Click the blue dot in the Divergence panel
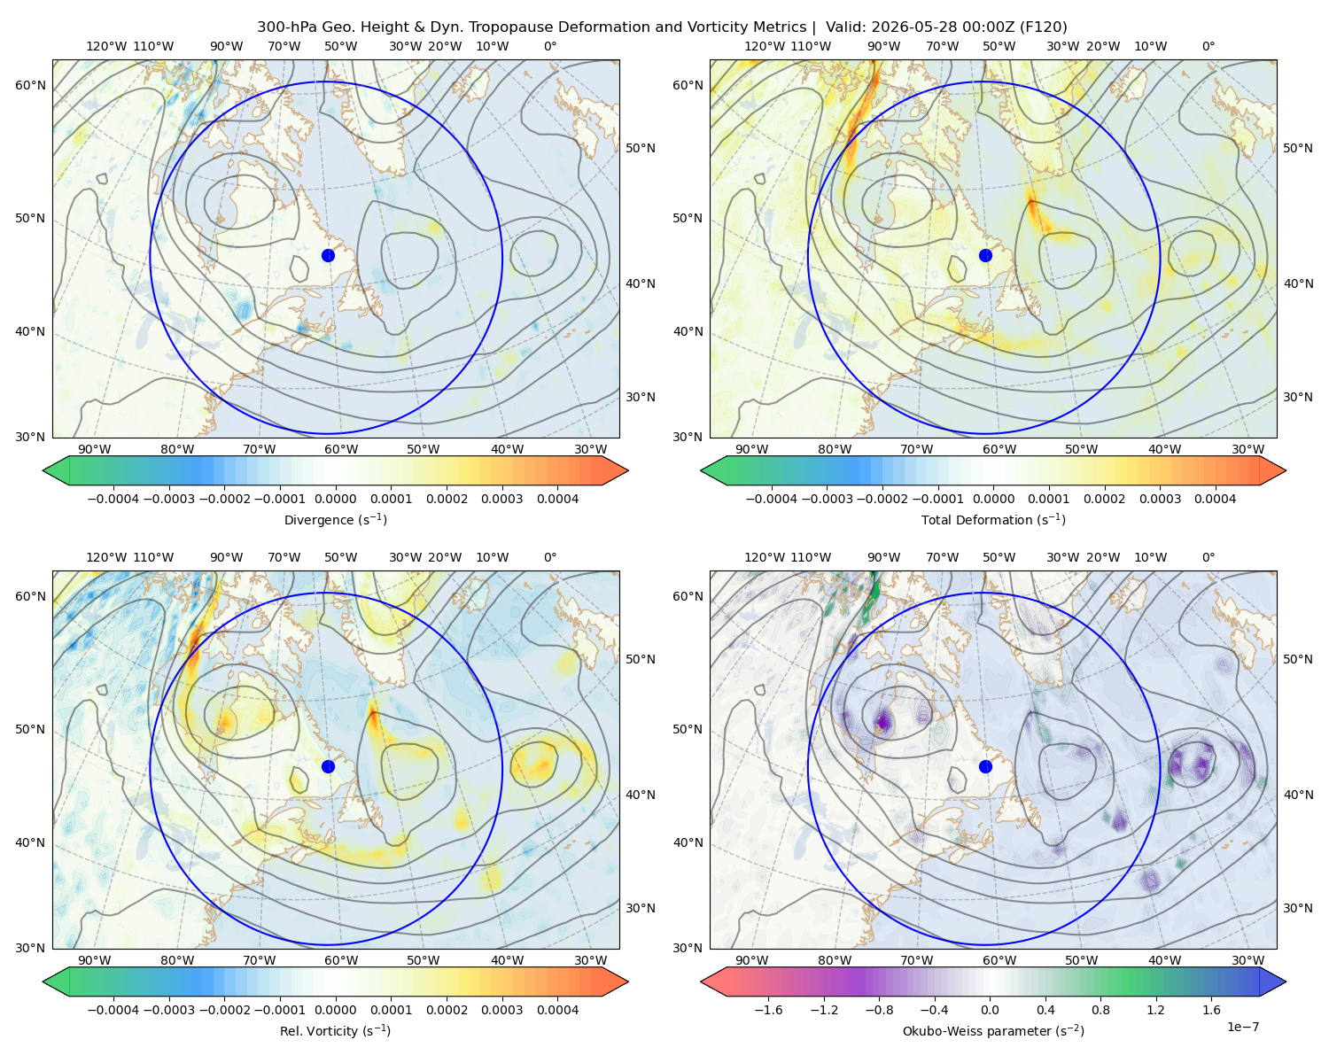328,255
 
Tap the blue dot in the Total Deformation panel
985,255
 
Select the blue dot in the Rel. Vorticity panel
328,766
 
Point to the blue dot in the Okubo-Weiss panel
985,766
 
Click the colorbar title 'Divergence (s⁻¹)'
335,519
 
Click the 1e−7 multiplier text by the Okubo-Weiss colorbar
1242,1027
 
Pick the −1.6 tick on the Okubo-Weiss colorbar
768,1009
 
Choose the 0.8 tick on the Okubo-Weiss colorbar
1100,1009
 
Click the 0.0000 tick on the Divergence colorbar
335,499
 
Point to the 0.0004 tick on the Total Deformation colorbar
1215,499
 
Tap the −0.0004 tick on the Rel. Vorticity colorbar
113,1009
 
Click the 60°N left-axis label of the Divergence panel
30,85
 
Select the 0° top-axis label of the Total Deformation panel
1208,46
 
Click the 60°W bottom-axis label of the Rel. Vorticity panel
341,960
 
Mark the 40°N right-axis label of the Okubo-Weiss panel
1298,795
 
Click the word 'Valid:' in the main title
846,27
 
